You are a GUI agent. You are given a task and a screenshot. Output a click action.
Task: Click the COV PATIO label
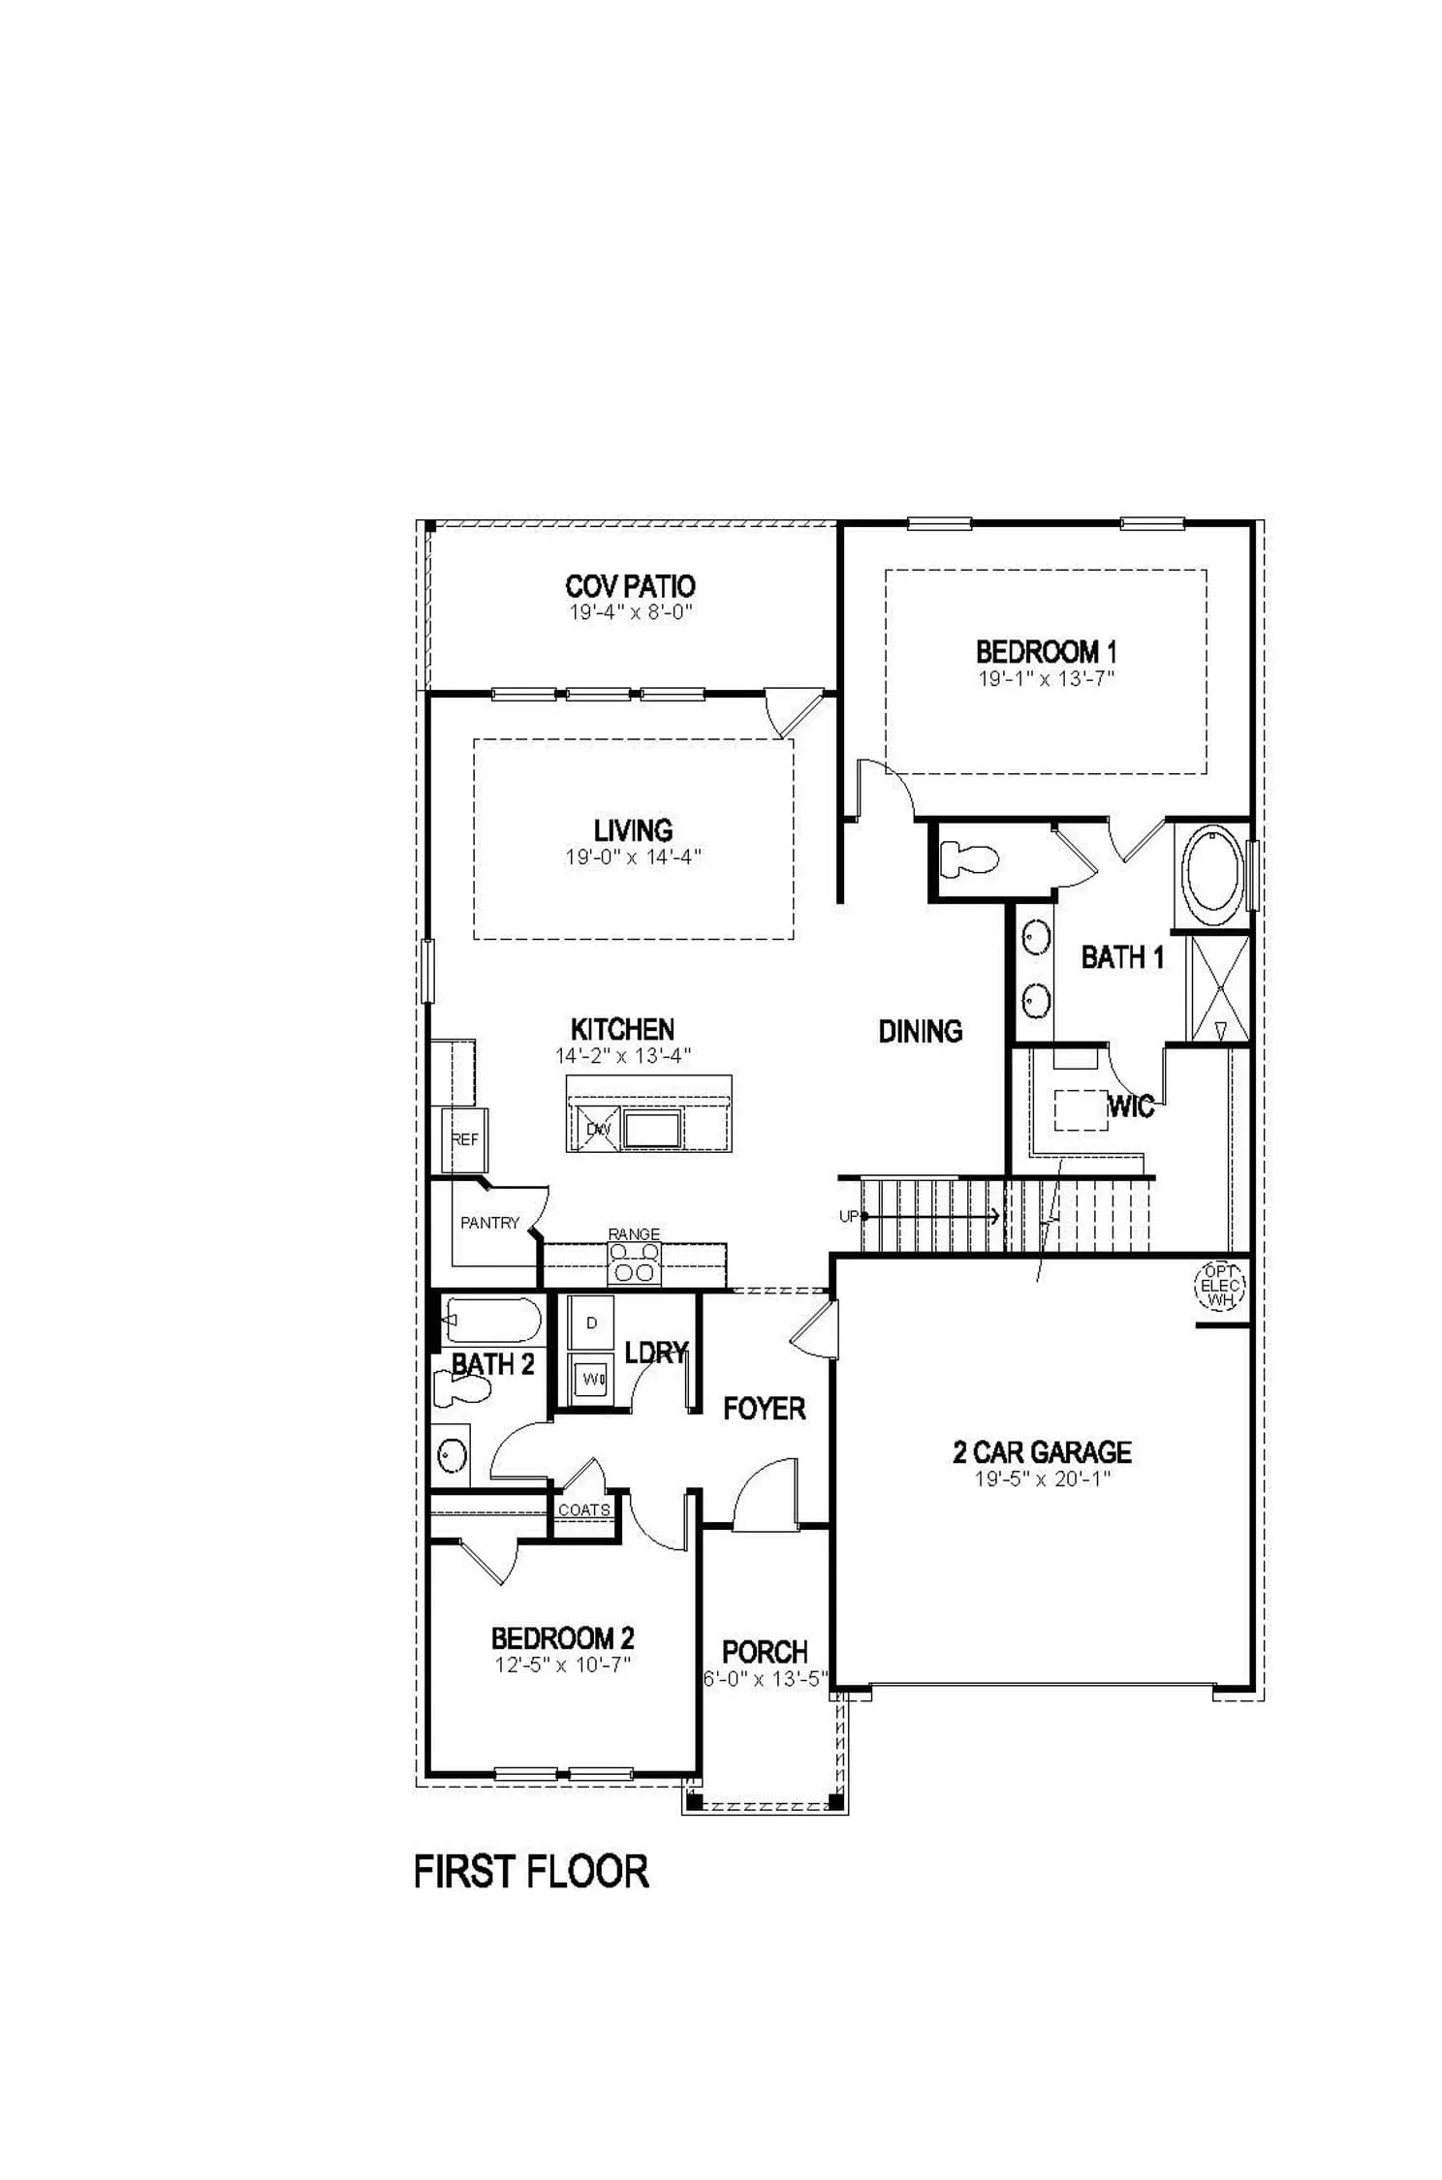pyautogui.click(x=630, y=586)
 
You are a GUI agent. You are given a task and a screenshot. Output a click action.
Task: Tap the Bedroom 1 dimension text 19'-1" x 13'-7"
pyautogui.click(x=1046, y=678)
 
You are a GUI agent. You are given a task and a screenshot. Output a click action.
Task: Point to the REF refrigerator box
pyautogui.click(x=464, y=1139)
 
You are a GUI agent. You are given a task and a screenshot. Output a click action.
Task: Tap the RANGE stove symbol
pyautogui.click(x=634, y=1262)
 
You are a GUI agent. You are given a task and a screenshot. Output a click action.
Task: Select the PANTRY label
pyautogui.click(x=489, y=1223)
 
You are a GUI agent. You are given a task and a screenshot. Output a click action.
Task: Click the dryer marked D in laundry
pyautogui.click(x=591, y=1323)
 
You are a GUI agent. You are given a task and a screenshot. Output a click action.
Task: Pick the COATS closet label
pyautogui.click(x=584, y=1510)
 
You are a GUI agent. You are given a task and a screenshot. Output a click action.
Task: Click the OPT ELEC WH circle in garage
pyautogui.click(x=1219, y=1286)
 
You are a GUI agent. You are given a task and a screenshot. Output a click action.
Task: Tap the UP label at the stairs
pyautogui.click(x=849, y=1216)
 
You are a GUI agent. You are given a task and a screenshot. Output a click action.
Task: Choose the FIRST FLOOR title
pyautogui.click(x=531, y=1871)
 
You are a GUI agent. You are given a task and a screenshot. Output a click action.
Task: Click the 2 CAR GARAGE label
pyautogui.click(x=1042, y=1451)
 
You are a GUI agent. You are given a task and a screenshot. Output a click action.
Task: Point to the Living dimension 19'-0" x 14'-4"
pyautogui.click(x=633, y=856)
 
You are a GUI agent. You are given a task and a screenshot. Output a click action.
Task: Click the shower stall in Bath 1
pyautogui.click(x=1219, y=988)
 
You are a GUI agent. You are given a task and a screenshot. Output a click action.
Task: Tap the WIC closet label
pyautogui.click(x=1130, y=1106)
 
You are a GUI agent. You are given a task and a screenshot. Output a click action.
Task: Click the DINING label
pyautogui.click(x=921, y=1031)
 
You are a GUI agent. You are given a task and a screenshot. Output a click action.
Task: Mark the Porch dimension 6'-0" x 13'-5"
pyautogui.click(x=766, y=1678)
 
